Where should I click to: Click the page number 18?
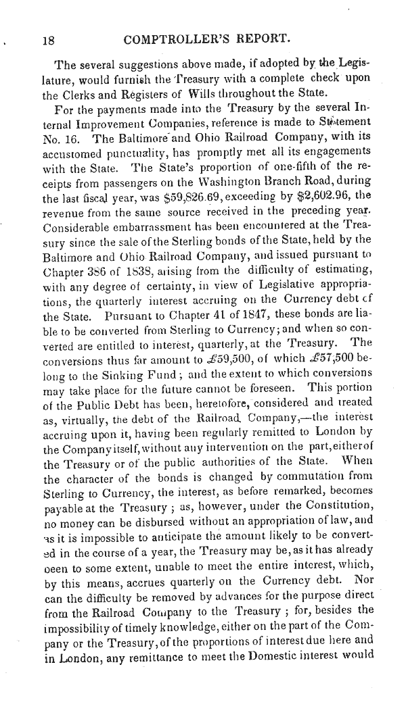48,40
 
